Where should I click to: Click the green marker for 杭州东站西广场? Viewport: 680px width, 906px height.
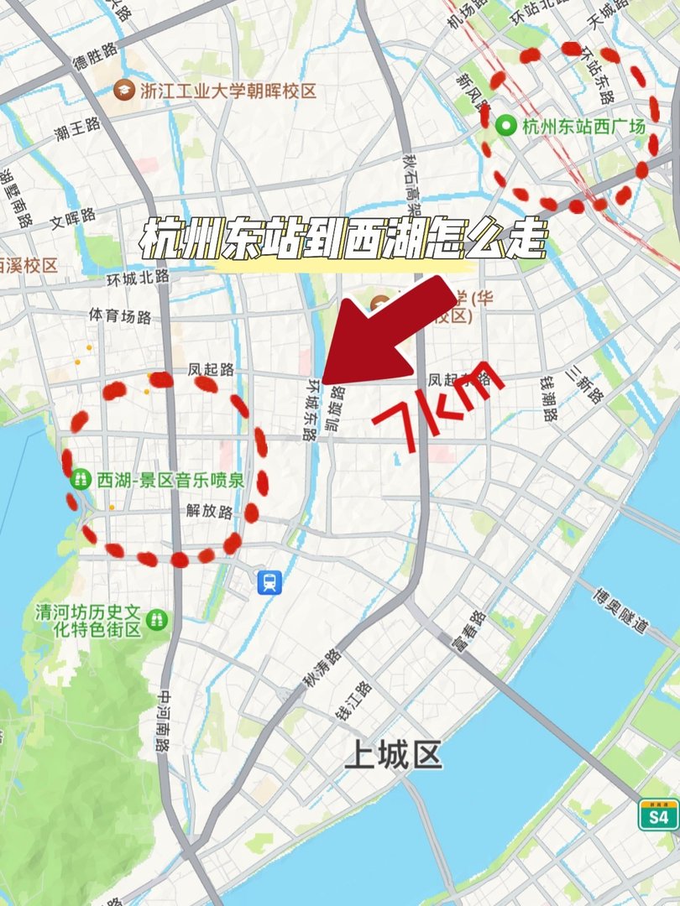[506, 127]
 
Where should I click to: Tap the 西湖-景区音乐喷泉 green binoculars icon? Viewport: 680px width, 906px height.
[81, 479]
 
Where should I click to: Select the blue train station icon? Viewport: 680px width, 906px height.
[269, 581]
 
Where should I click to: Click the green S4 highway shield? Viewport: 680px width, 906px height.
[658, 815]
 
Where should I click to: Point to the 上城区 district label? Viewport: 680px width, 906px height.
[393, 756]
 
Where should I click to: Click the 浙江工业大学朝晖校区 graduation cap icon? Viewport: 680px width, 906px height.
[125, 89]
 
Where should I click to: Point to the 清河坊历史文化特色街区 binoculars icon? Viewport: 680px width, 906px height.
[155, 620]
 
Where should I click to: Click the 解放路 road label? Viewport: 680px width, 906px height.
[209, 511]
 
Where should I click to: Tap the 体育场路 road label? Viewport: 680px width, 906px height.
[120, 316]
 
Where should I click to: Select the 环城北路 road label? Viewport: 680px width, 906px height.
[138, 276]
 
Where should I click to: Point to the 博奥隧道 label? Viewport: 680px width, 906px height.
[620, 613]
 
